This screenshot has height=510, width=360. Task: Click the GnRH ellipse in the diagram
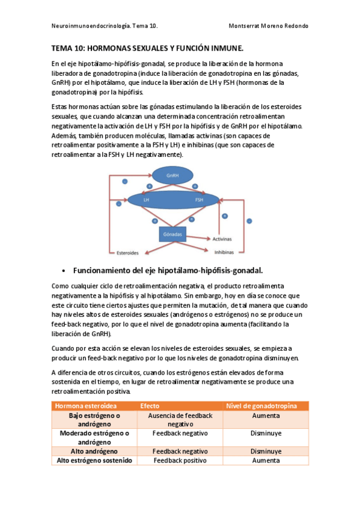(172, 175)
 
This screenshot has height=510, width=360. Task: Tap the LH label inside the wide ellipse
(146, 199)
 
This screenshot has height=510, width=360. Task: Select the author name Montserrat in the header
(246, 26)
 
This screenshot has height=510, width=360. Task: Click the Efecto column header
(150, 406)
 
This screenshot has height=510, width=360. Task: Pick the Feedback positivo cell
(180, 460)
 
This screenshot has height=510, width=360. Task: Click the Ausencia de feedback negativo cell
(180, 420)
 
